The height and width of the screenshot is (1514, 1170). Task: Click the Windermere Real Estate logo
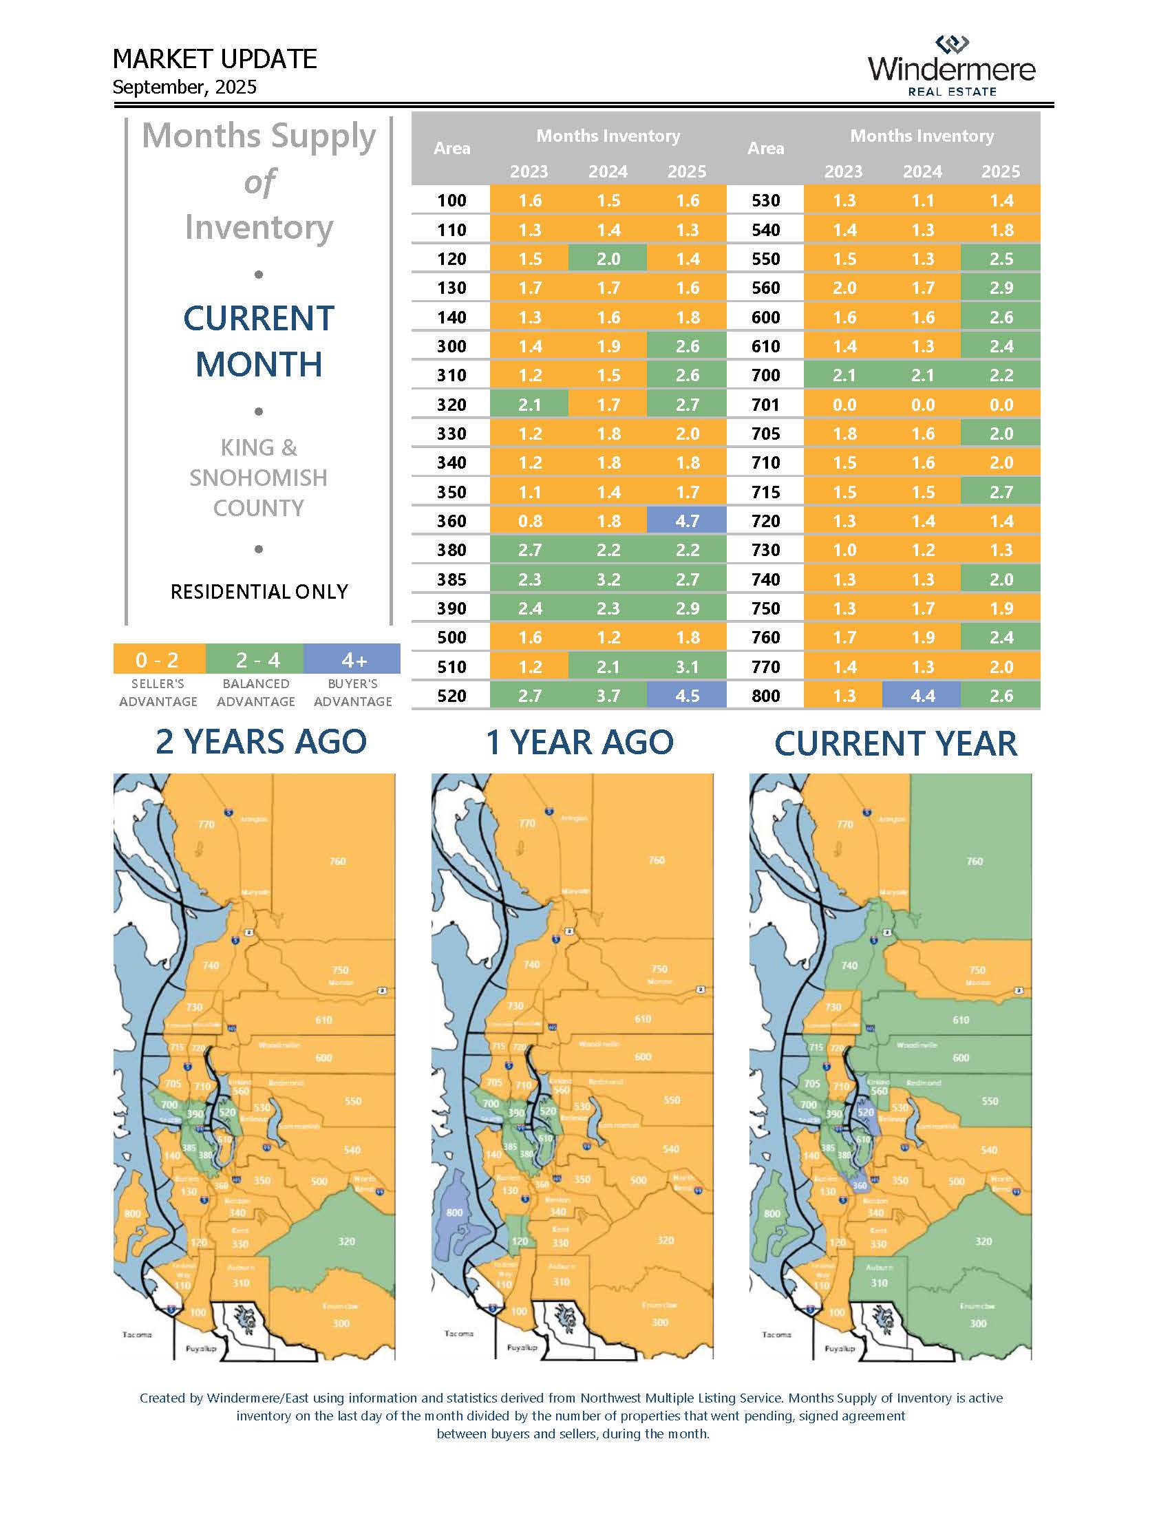click(951, 67)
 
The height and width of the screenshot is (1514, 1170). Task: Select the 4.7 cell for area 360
click(686, 521)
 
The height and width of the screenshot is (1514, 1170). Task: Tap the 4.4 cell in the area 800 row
click(922, 695)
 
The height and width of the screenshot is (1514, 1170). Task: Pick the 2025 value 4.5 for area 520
click(686, 695)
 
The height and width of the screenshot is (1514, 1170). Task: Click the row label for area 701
click(765, 404)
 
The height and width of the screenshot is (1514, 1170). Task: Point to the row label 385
click(451, 579)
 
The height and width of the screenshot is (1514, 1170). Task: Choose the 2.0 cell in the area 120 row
click(608, 259)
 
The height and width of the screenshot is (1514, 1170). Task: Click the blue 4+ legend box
click(353, 659)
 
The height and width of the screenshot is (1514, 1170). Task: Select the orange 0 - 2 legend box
click(158, 659)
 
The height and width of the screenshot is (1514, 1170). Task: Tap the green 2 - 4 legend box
click(256, 659)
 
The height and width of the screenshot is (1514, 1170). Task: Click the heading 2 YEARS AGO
click(261, 741)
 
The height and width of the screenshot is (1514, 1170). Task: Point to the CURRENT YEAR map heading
click(895, 743)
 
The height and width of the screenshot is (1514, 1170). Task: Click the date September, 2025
click(184, 87)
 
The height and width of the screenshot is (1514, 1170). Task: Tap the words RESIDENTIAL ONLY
click(259, 591)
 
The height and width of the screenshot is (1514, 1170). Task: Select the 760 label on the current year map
click(975, 861)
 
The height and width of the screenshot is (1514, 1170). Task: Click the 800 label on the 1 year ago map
click(454, 1213)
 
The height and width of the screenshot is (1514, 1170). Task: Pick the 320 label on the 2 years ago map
click(347, 1241)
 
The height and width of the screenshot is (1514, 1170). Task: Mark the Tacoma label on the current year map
click(776, 1334)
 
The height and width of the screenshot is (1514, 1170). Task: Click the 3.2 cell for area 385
click(608, 579)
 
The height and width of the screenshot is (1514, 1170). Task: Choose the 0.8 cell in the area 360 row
click(529, 521)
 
